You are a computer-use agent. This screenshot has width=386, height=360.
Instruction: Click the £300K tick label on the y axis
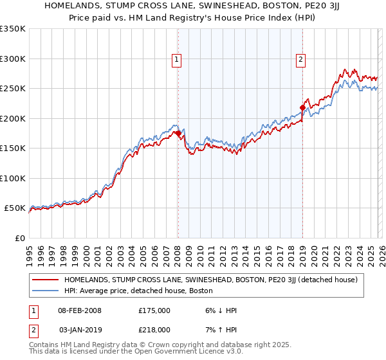point(13,59)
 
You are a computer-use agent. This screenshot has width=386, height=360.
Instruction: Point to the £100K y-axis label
point(13,178)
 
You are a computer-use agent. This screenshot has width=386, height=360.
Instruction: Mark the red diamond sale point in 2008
point(178,134)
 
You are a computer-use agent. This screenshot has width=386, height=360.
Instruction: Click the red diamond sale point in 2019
point(302,107)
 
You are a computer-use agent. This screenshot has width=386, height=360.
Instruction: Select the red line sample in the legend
point(45,280)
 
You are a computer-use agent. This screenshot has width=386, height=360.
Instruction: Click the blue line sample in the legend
point(45,291)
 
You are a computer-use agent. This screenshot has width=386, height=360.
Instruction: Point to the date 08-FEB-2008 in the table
point(79,310)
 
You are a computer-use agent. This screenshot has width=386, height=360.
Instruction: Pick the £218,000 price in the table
point(154,329)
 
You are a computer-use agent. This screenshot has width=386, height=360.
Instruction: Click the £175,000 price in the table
point(154,310)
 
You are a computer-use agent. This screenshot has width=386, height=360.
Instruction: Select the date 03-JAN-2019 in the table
point(79,329)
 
